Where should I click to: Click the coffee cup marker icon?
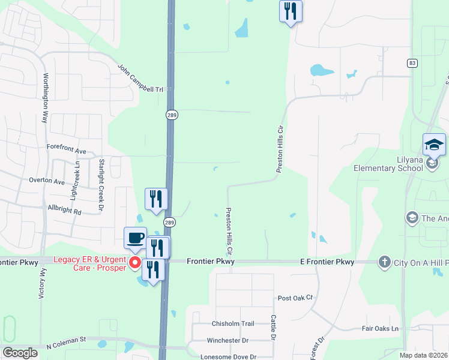point(136,238)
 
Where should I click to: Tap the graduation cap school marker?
point(434,145)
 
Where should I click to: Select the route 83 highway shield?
point(411,63)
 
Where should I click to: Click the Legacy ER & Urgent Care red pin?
point(136,263)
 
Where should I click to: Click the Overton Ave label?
point(46,181)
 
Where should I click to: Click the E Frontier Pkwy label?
point(327,262)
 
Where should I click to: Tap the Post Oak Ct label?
point(296,298)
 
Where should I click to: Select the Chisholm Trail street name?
point(233,323)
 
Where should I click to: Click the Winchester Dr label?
point(228,340)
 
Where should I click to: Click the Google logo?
point(20,353)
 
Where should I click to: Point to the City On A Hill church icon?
point(384,262)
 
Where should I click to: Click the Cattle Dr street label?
point(273,329)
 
